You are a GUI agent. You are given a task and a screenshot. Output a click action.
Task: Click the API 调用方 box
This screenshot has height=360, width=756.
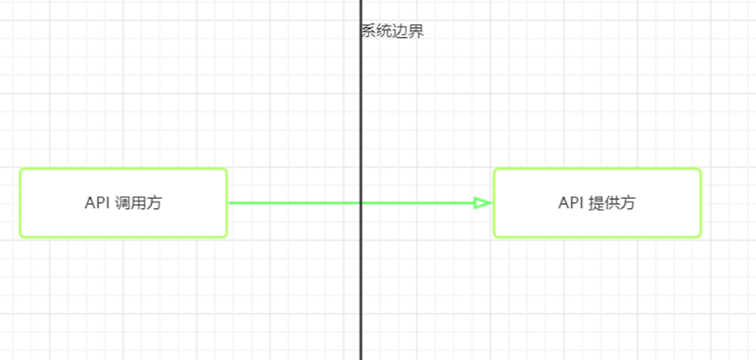(123, 203)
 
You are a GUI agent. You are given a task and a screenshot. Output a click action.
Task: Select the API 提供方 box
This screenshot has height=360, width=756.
(597, 203)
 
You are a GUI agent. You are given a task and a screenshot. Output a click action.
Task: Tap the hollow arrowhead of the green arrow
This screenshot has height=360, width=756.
(483, 202)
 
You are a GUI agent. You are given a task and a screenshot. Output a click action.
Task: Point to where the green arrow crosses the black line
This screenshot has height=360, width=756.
(361, 202)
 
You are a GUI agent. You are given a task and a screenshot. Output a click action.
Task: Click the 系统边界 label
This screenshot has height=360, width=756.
(392, 32)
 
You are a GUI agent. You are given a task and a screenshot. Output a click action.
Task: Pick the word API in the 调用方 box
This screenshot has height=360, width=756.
(97, 203)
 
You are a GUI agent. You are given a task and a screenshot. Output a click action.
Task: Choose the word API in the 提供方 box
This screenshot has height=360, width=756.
(571, 203)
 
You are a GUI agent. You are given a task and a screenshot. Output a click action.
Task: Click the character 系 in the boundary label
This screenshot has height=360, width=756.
(368, 32)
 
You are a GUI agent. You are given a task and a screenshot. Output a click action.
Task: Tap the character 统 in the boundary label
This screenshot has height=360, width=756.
(384, 32)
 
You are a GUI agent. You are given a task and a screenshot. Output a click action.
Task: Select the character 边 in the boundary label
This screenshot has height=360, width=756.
(401, 32)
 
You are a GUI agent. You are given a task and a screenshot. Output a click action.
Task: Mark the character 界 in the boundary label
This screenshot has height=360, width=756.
(417, 32)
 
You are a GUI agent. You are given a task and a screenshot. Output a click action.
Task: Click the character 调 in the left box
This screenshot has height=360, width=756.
(123, 203)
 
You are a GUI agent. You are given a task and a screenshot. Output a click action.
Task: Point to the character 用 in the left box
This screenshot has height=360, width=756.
(139, 203)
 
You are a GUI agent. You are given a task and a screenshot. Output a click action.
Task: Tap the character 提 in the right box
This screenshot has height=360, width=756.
(597, 203)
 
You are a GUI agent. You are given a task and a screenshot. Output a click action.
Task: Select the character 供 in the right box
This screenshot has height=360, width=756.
(612, 203)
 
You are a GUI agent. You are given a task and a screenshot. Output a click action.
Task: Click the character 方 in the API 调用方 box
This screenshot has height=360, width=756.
(155, 203)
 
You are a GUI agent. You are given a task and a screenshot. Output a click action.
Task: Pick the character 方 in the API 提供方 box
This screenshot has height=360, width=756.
(628, 203)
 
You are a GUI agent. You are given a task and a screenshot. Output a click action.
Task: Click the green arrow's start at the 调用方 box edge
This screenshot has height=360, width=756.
(229, 202)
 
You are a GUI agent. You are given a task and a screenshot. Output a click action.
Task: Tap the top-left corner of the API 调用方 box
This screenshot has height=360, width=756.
(21, 170)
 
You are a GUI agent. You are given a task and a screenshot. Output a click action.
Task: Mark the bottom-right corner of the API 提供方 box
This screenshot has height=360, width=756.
(700, 236)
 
